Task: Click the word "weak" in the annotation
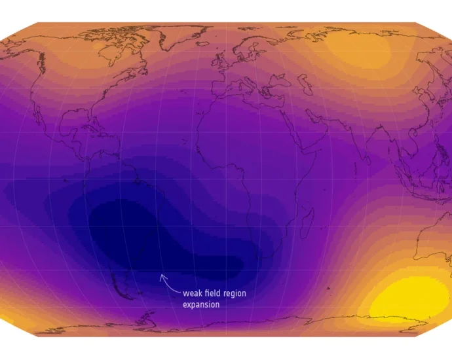[x=193, y=294]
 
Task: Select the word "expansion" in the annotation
[x=201, y=304]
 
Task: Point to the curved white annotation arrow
[x=168, y=283]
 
